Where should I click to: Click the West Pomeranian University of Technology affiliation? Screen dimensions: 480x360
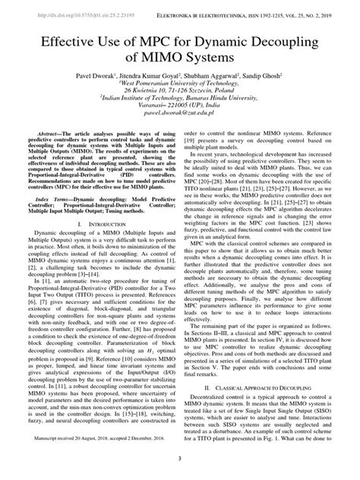tap(180, 83)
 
